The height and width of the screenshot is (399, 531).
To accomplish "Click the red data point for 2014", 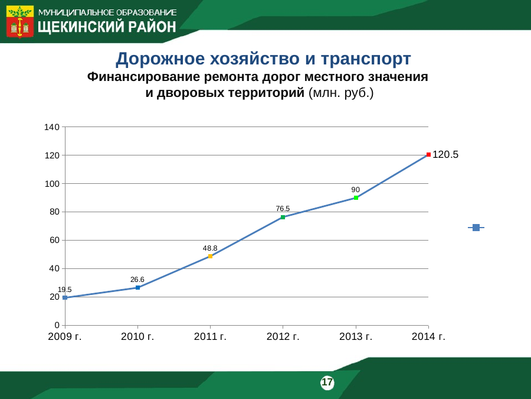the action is coord(428,155).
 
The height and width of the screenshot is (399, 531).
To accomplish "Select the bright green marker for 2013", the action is coord(356,198).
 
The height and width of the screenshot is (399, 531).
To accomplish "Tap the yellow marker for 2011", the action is coord(210,256).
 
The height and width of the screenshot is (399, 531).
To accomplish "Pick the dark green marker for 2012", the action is coord(283,217).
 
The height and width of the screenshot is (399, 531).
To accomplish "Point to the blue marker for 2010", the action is coord(138,288).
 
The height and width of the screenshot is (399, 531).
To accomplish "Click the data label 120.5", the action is coord(445,154).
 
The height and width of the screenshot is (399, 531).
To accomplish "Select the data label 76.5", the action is coord(283,208).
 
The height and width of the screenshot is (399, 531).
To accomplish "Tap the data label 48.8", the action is coord(210,248).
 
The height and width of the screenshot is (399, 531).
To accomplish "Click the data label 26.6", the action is coord(137,279).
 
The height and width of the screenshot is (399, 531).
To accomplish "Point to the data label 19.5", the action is coord(65,290).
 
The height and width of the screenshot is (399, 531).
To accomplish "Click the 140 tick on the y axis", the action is coord(52,127).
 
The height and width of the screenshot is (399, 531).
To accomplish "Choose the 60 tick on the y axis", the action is coord(54,240).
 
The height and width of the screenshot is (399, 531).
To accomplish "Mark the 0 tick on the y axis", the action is coord(57,325).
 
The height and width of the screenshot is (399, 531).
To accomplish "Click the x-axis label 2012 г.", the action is coord(283,336).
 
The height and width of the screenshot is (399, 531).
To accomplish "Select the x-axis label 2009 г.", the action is coord(65,336).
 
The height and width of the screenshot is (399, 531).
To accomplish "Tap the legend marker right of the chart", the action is coord(476,228).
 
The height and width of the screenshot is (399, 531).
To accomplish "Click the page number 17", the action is coord(327,382).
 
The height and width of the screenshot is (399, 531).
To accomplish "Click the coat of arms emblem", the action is coord(20,21).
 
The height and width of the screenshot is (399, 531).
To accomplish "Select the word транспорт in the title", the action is coord(366,59).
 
